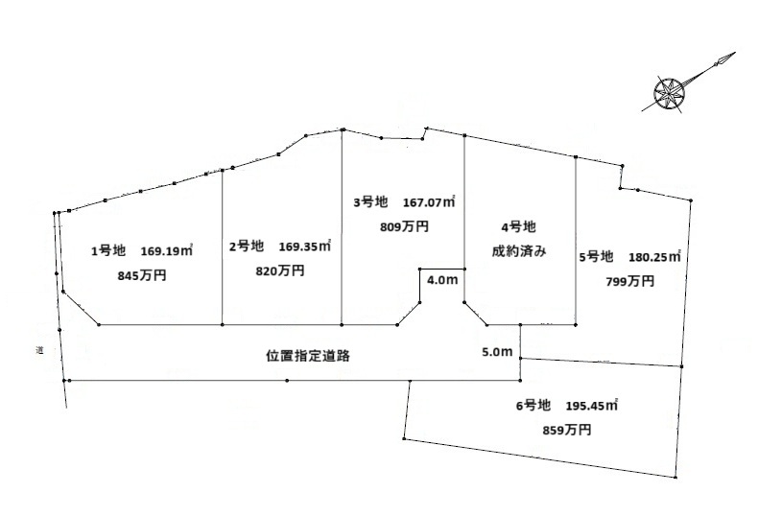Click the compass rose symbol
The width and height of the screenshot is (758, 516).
(x=666, y=94)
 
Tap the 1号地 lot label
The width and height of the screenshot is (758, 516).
(x=108, y=251)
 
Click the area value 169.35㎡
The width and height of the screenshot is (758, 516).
(x=305, y=246)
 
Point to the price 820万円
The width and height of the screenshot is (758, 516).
(x=280, y=271)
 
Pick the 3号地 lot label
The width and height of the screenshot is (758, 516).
(x=370, y=202)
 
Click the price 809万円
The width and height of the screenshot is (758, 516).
(x=404, y=227)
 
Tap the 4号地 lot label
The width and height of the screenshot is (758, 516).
(x=518, y=227)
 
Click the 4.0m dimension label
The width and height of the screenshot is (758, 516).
(x=441, y=281)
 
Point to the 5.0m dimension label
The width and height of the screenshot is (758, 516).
(x=498, y=352)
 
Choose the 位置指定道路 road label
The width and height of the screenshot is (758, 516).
(x=307, y=355)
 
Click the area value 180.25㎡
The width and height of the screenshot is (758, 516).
(x=654, y=257)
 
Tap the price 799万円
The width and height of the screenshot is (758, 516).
(x=630, y=281)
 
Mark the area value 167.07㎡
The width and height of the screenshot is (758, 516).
(x=428, y=202)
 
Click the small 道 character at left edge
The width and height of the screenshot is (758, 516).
(x=41, y=351)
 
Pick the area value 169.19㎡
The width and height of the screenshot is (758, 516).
(x=167, y=251)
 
